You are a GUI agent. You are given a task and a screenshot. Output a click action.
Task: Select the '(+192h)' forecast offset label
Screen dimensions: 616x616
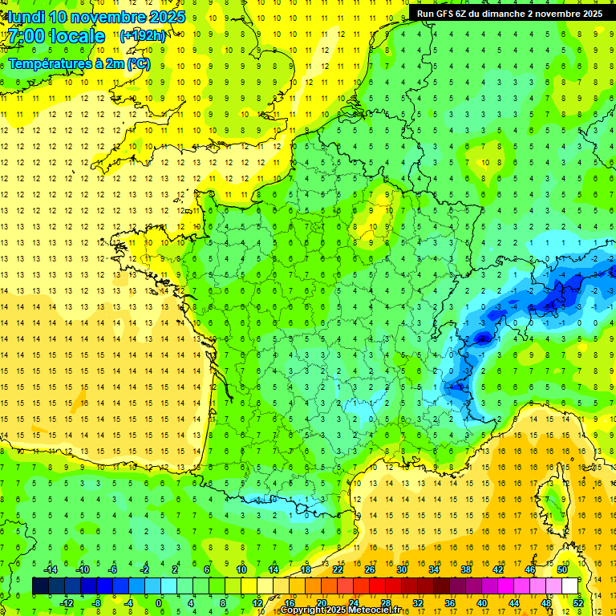click(143, 35)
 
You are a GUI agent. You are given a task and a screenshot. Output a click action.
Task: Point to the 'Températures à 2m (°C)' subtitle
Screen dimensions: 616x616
click(79, 64)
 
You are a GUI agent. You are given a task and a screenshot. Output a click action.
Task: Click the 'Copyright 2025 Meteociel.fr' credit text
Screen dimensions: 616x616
click(351, 610)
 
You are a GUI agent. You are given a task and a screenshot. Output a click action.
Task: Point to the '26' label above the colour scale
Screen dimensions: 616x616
click(370, 569)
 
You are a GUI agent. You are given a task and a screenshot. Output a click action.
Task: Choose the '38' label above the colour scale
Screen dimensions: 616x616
click(466, 569)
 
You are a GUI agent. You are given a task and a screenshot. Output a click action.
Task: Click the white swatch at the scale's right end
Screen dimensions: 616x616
click(569, 586)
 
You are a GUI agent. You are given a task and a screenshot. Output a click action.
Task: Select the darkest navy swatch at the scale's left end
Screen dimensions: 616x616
click(40, 586)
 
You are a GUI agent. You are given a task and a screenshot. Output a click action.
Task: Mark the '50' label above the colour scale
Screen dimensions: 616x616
click(562, 569)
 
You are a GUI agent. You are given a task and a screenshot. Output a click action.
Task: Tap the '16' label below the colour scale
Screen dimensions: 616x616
click(290, 602)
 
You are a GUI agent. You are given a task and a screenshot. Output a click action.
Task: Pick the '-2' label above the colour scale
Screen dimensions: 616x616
click(144, 569)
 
